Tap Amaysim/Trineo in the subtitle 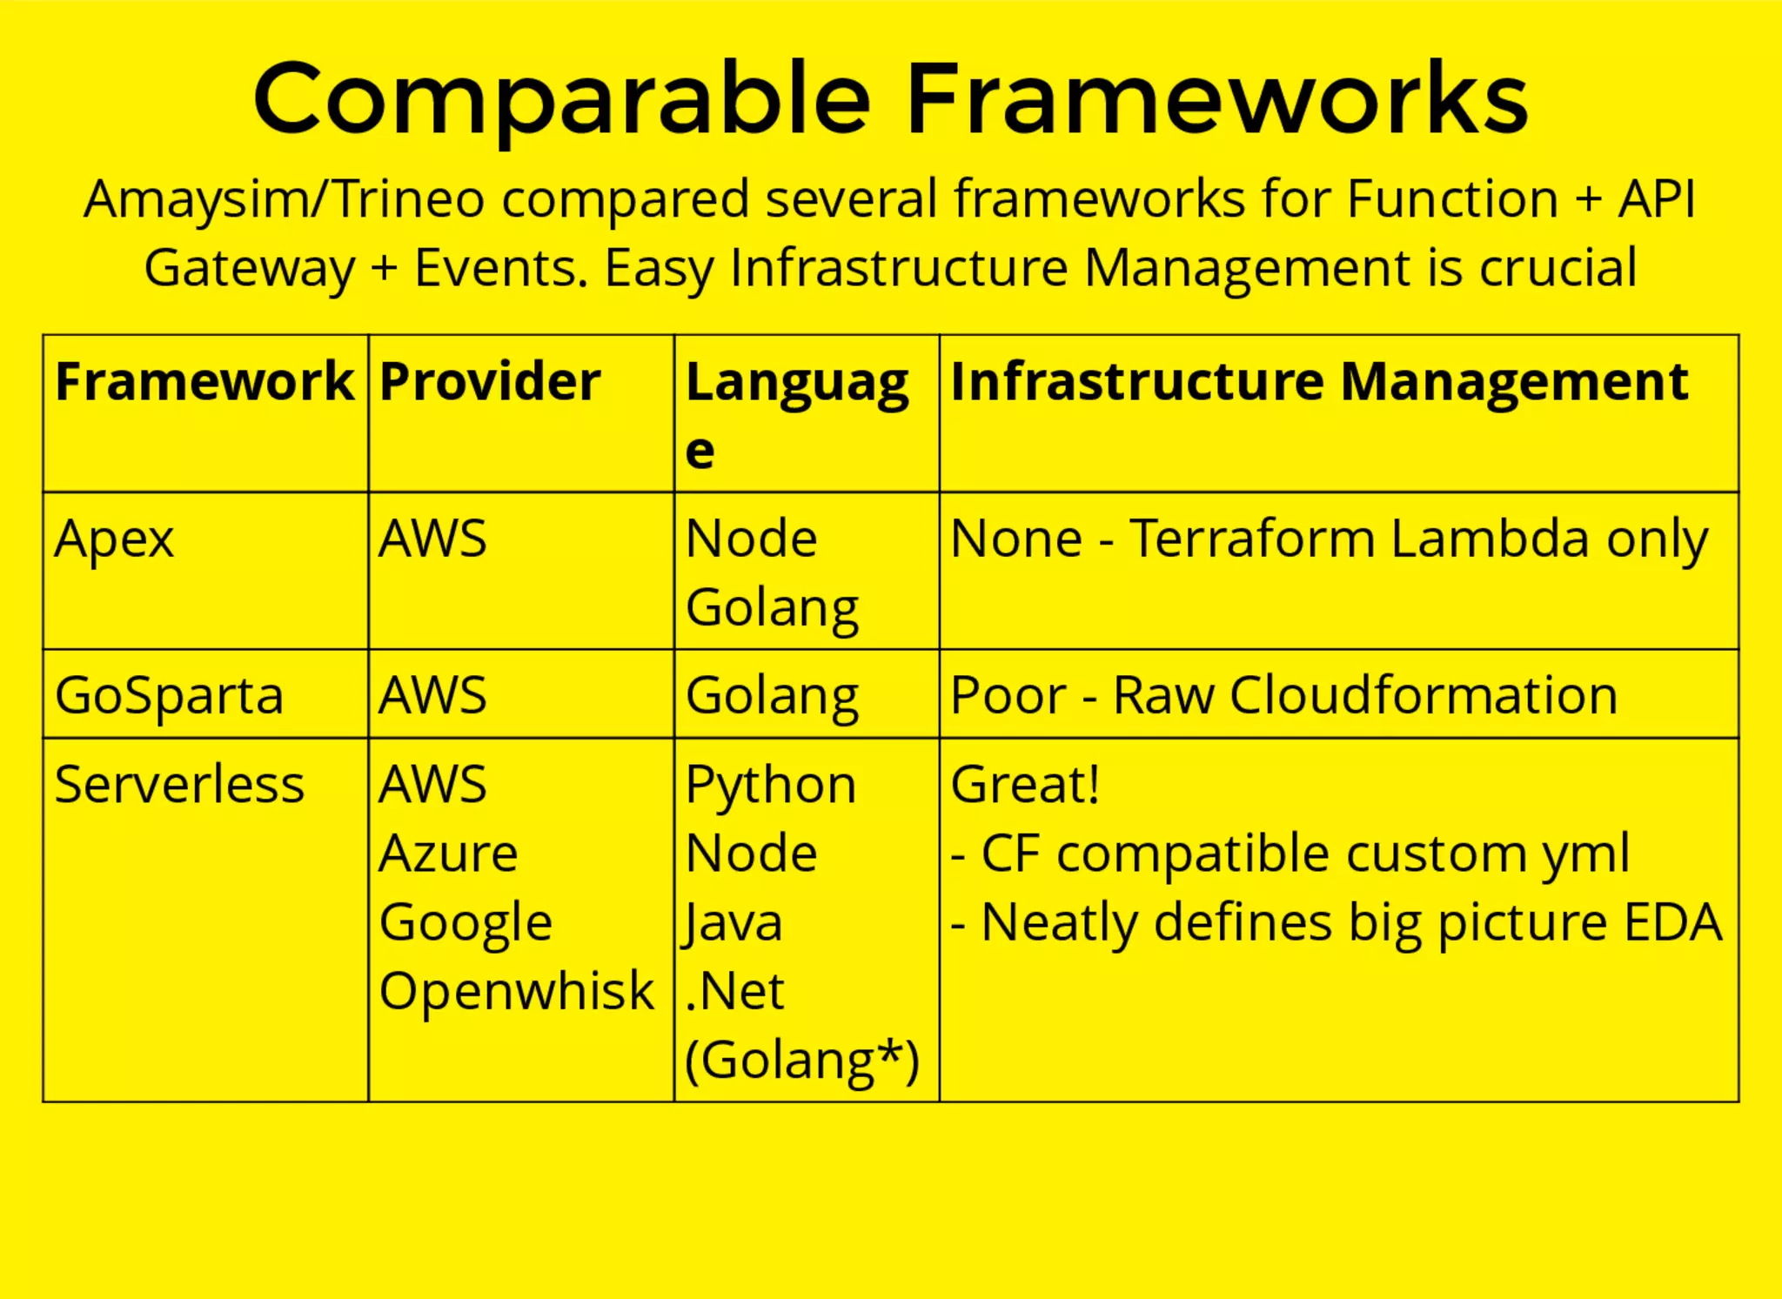283,199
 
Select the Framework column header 204,381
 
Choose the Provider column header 490,381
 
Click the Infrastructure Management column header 1318,381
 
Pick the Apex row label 114,539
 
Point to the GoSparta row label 169,695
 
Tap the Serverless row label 179,784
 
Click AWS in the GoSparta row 432,695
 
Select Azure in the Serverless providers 448,853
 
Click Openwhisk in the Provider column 516,990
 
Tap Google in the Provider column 466,921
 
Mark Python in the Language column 770,786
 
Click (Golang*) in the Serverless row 801,1061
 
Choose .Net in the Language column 735,990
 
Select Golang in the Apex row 772,607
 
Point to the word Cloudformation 1424,695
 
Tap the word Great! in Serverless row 1025,784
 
